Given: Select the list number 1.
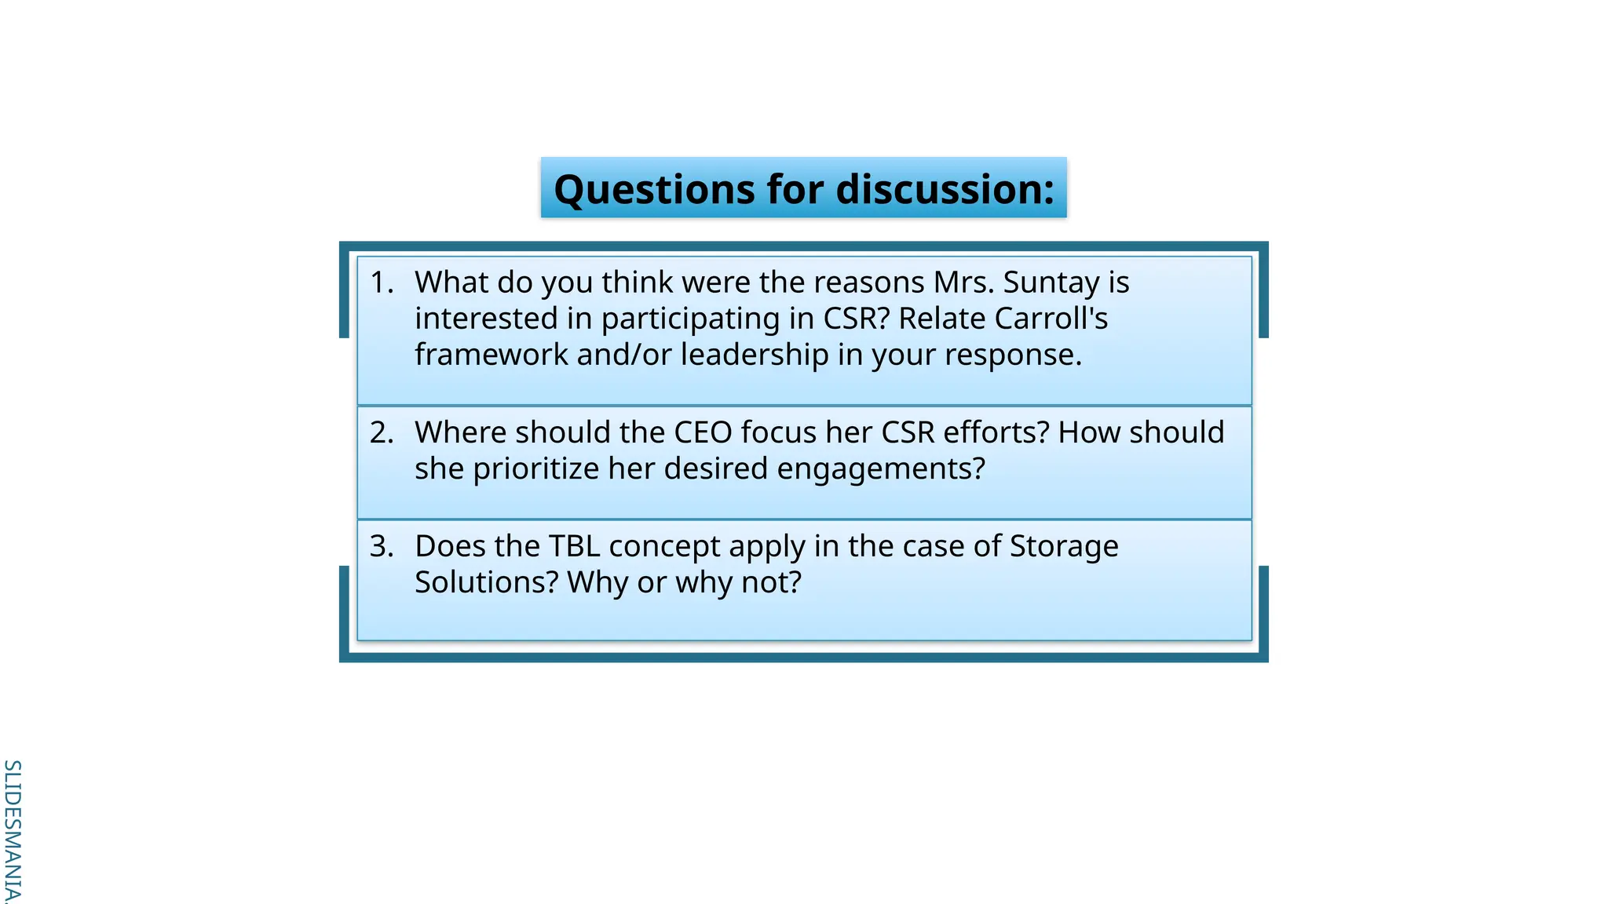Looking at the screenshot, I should (381, 282).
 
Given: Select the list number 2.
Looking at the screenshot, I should (381, 432).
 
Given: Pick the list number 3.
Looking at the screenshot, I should (381, 546).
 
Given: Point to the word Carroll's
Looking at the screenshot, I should (1051, 319).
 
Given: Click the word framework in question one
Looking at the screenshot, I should (492, 355).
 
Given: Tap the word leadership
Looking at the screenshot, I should (755, 355).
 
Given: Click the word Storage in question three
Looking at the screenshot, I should (1064, 546).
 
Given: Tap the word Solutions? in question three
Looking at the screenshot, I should (486, 582).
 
